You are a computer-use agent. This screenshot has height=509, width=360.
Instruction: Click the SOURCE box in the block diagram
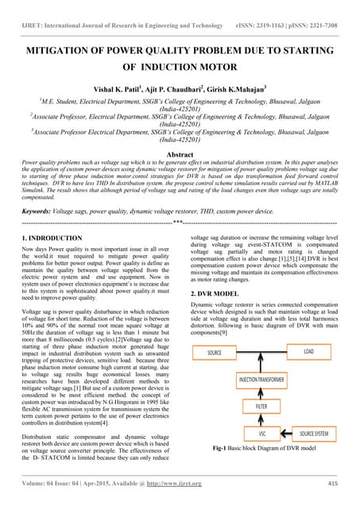pos(215,352)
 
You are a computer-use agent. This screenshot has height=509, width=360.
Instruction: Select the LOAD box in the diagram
pos(309,352)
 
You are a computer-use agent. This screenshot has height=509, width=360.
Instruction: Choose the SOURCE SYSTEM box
pos(312,433)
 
